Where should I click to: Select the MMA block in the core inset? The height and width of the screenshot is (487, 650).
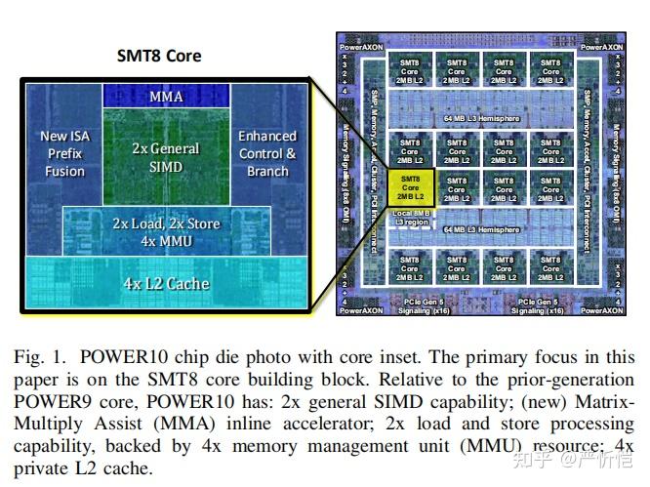tap(165, 97)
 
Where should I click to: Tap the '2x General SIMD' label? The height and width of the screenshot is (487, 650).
tap(165, 158)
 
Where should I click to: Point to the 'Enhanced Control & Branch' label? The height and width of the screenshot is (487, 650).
tap(266, 154)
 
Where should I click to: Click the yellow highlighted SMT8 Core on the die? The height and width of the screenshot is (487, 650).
tap(411, 188)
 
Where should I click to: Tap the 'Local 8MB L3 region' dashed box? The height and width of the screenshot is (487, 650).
tap(411, 217)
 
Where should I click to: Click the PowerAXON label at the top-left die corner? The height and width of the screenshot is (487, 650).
tap(359, 46)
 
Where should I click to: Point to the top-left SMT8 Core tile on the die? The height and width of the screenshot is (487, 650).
tap(411, 71)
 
